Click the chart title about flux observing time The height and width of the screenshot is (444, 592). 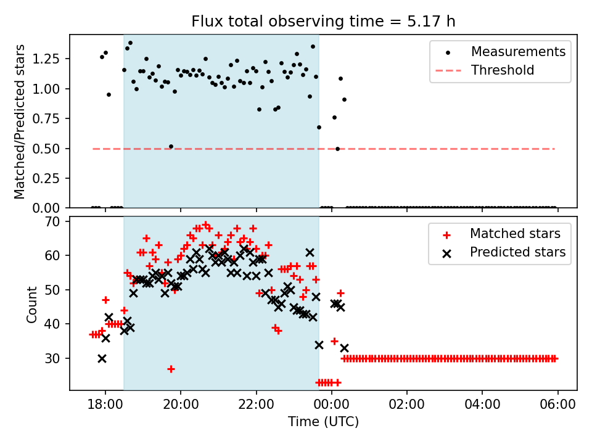tap(323, 22)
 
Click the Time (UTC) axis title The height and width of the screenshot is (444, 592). tap(323, 422)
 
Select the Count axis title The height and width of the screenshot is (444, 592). tap(32, 304)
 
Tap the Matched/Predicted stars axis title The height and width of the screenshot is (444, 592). tap(20, 121)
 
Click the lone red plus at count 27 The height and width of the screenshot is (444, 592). tap(171, 369)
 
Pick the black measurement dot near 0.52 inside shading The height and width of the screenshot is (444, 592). tap(171, 146)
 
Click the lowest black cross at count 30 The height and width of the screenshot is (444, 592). tap(102, 358)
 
